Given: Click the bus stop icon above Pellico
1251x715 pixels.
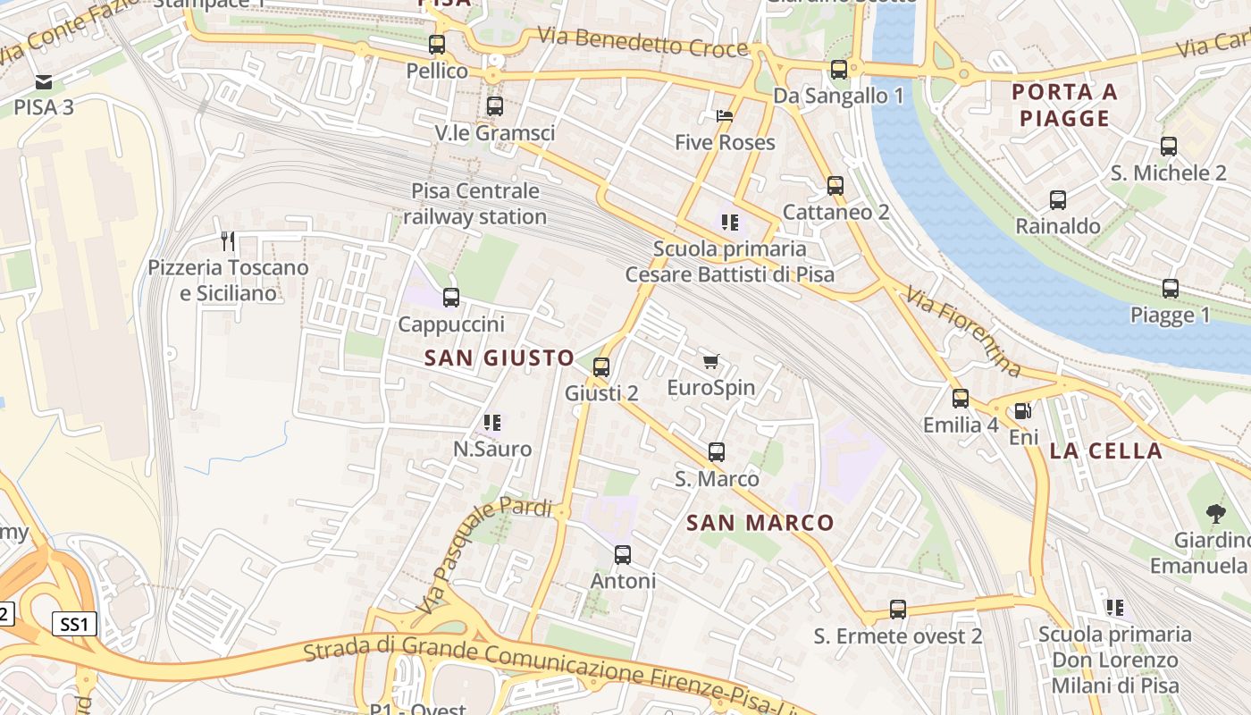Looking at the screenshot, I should pos(437,44).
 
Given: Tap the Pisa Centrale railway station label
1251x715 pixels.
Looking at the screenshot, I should pos(474,204).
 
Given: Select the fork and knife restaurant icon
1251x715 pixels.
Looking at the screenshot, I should pos(228,240).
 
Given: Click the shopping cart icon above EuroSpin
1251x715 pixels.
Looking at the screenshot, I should pos(710,361).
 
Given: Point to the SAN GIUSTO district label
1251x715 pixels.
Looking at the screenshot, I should pos(500,358).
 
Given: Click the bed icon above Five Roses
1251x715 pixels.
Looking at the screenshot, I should pos(725,116).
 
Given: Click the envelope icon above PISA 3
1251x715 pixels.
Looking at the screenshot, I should pos(43,82).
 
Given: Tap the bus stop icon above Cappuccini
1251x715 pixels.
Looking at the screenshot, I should pos(451,298).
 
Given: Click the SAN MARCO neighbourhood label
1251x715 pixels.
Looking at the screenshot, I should pos(760,523).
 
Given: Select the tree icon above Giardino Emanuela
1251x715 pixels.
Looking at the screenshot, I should pos(1215,513).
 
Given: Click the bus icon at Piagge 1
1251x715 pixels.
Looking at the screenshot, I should pos(1171,289).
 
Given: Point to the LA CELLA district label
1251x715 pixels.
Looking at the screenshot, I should pos(1105,450).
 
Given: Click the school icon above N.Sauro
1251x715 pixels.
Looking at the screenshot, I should pos(492,422).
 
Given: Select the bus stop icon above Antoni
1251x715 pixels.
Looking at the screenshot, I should pos(623,555).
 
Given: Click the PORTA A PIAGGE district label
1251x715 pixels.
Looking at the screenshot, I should pos(1064,105).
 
